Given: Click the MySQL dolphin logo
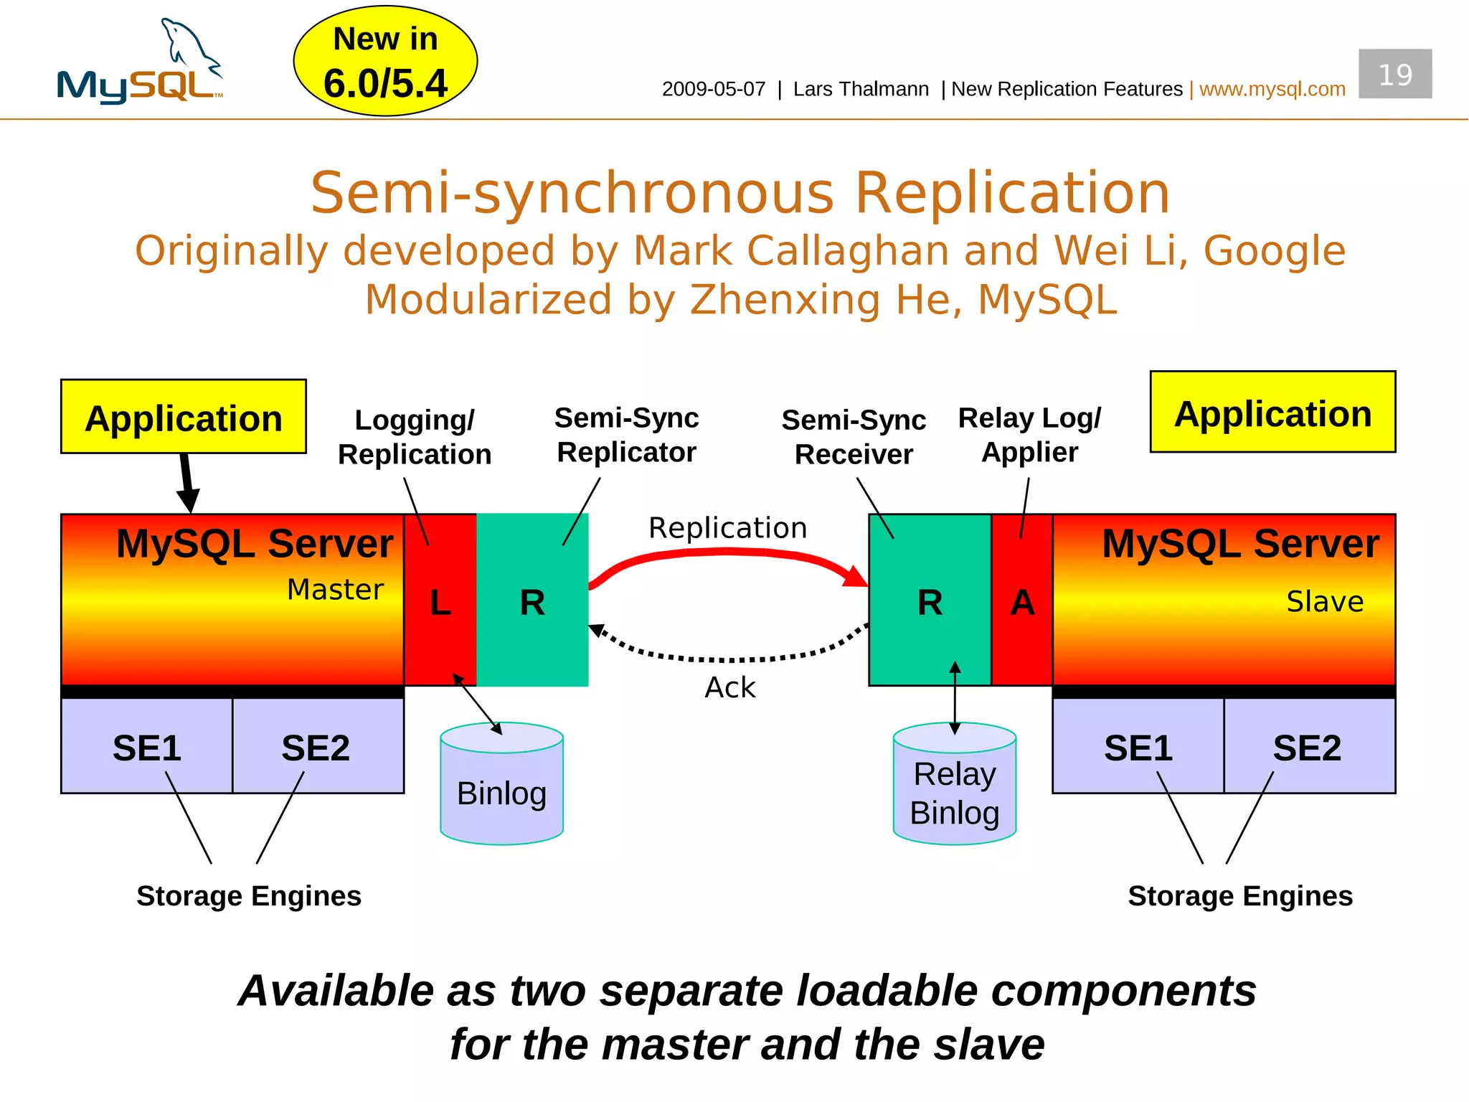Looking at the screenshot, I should pos(140,62).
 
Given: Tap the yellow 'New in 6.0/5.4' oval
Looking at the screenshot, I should pos(385,62).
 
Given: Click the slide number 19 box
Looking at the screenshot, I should pos(1394,74).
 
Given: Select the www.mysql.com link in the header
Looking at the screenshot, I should pos(1272,89).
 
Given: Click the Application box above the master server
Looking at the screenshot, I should pos(184,417).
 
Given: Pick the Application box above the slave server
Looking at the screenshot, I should pos(1272,413).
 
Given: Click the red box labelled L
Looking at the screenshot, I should pos(440,601).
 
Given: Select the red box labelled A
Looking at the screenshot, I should pos(1021,601).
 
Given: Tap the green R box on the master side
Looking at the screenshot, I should pos(532,601).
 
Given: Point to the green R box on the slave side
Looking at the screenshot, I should pos(930,601).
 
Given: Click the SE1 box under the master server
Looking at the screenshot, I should pos(147,746).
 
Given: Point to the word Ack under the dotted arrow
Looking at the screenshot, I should pos(729,687).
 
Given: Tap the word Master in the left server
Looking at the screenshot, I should pos(335,590).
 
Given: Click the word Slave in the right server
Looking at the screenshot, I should pos(1324,601).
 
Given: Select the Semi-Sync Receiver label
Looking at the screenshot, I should pos(854,437).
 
